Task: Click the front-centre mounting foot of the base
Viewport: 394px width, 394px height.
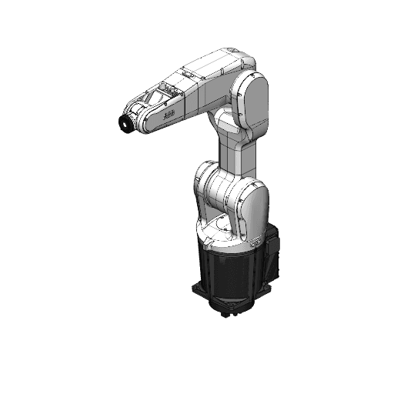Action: pos(229,312)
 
